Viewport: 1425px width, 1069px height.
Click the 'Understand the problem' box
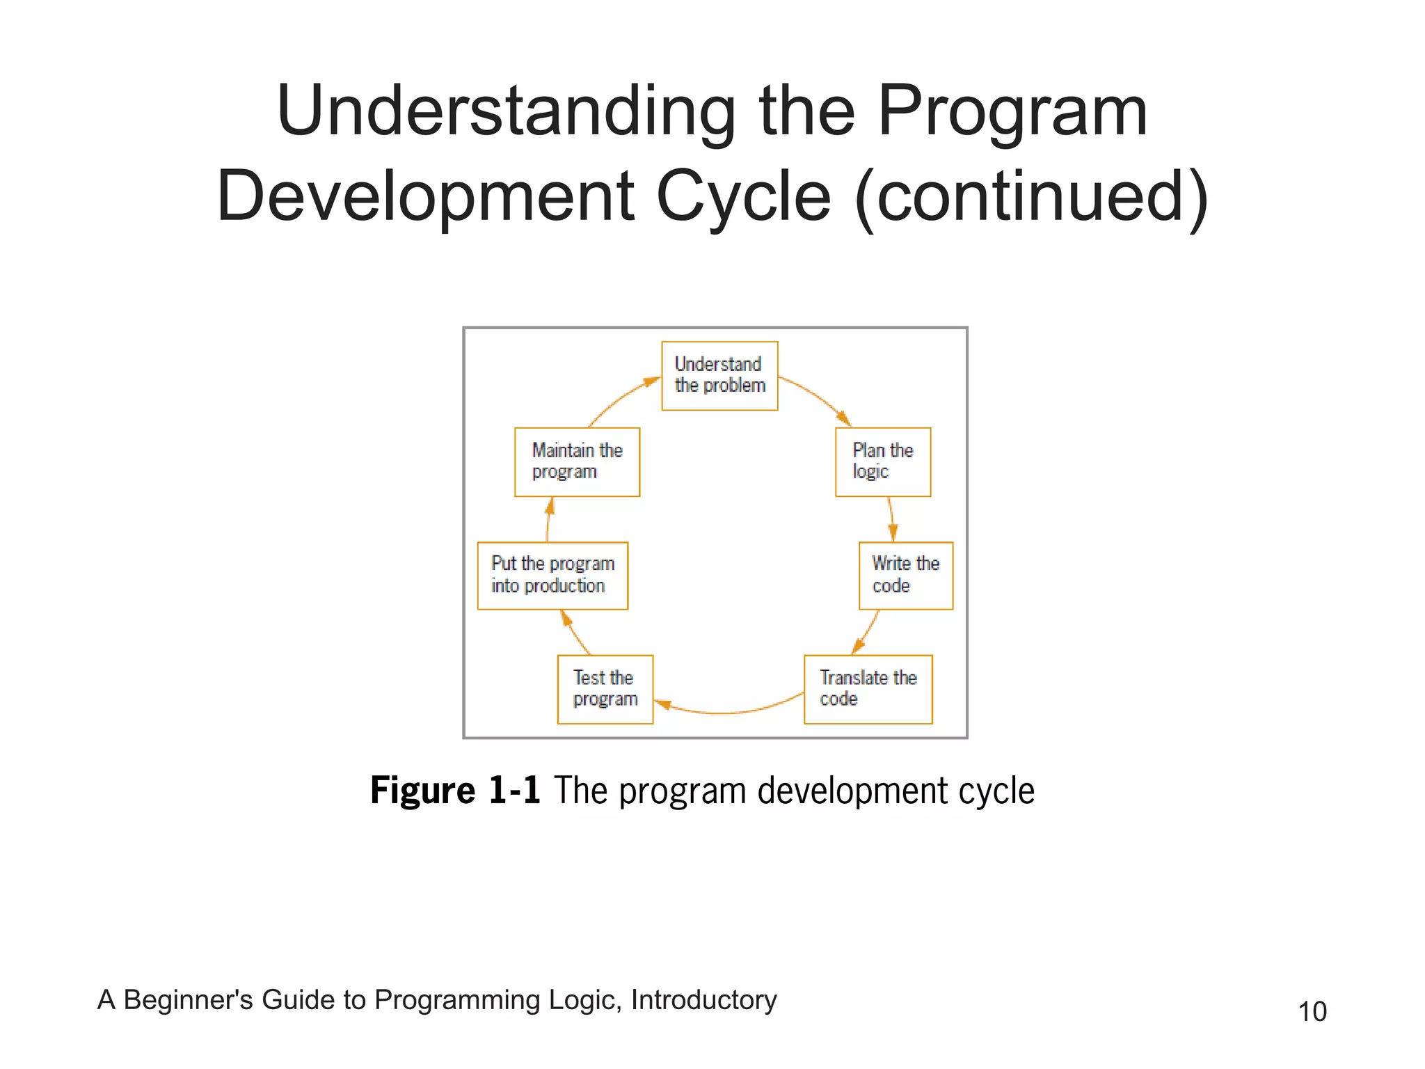pyautogui.click(x=719, y=376)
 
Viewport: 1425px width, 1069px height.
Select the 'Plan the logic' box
pyautogui.click(x=882, y=462)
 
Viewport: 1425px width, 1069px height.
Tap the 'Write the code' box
pyautogui.click(x=905, y=576)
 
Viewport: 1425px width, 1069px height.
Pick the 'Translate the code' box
pyautogui.click(x=868, y=689)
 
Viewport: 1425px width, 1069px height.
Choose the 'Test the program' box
pyautogui.click(x=605, y=689)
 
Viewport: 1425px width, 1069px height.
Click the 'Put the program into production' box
pyautogui.click(x=552, y=576)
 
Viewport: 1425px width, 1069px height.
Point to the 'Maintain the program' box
pyautogui.click(x=577, y=462)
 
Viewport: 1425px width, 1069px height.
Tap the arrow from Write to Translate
pyautogui.click(x=867, y=632)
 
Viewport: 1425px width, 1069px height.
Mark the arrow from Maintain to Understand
pyautogui.click(x=621, y=398)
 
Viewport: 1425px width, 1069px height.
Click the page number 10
pyautogui.click(x=1312, y=1011)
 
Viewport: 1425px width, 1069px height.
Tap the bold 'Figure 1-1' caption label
pyautogui.click(x=455, y=791)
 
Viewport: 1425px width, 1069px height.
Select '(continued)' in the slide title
pyautogui.click(x=1031, y=197)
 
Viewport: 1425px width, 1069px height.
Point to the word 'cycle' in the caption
pyautogui.click(x=996, y=791)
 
